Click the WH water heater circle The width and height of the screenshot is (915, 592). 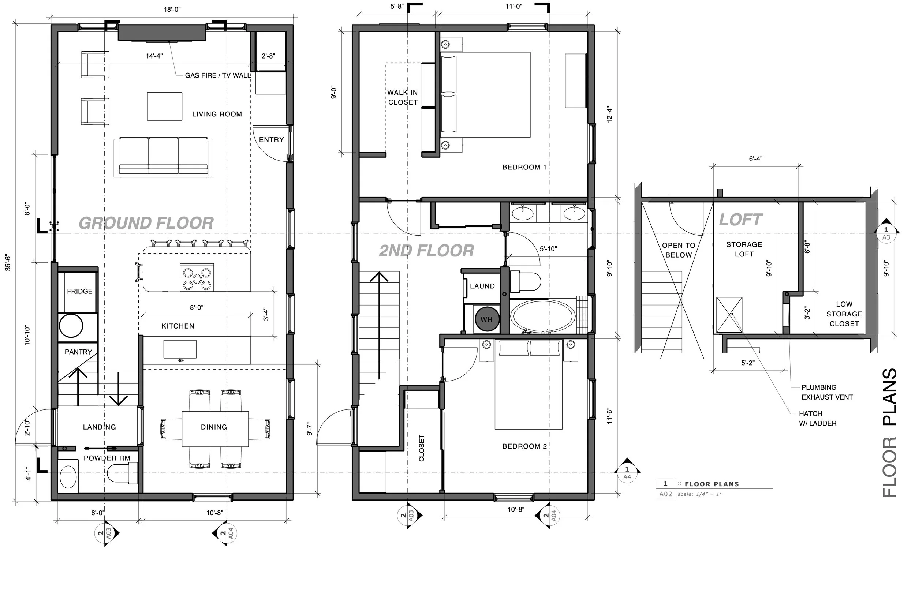tap(487, 319)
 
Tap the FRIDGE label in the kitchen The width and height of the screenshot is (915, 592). tap(79, 291)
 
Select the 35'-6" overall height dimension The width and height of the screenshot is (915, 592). tap(8, 263)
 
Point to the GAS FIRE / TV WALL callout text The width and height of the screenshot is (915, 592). tap(218, 75)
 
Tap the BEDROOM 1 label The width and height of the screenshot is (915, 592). tap(524, 167)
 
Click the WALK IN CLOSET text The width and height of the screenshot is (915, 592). tap(403, 97)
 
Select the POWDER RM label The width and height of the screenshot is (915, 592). tap(107, 458)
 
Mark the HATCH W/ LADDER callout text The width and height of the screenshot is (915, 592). tap(818, 419)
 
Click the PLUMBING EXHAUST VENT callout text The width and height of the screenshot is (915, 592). tap(827, 393)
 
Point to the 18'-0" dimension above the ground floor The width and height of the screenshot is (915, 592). tap(172, 10)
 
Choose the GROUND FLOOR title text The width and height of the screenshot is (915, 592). tap(146, 223)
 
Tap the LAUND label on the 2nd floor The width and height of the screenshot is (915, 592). tap(482, 286)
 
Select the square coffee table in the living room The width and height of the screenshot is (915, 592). tap(165, 106)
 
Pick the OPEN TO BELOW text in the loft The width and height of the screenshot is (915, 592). tap(679, 250)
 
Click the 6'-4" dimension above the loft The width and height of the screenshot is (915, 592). tap(755, 159)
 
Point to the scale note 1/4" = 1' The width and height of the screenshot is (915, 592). tap(699, 494)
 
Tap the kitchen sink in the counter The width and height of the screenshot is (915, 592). tap(180, 349)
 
